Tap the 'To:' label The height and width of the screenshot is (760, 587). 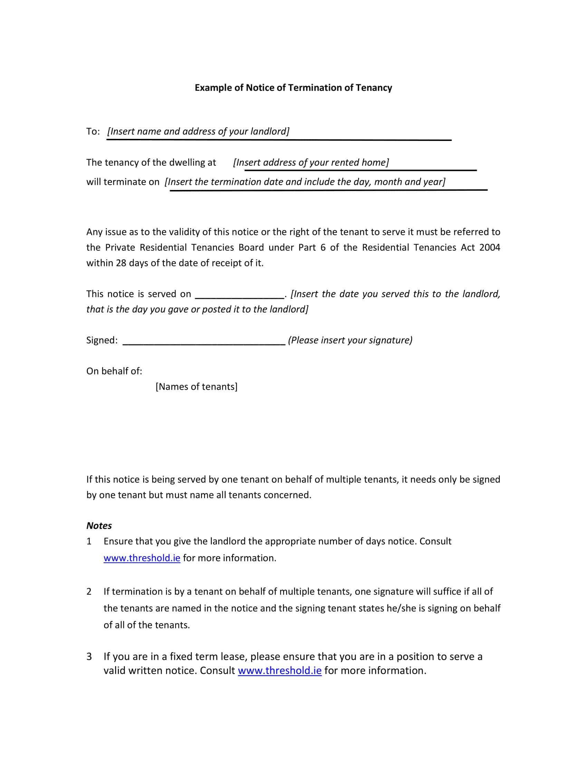pyautogui.click(x=93, y=131)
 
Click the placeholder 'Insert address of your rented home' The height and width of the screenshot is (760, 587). pyautogui.click(x=311, y=162)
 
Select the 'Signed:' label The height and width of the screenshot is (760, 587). pyautogui.click(x=102, y=340)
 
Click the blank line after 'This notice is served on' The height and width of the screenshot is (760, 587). pyautogui.click(x=239, y=296)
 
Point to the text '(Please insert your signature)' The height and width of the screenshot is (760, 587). pyautogui.click(x=350, y=340)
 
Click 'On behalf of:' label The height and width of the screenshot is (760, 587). pyautogui.click(x=114, y=371)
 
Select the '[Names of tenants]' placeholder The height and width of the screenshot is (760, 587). pyautogui.click(x=196, y=387)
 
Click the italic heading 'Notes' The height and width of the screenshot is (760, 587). pyautogui.click(x=99, y=525)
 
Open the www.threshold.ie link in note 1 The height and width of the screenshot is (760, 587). pyautogui.click(x=142, y=558)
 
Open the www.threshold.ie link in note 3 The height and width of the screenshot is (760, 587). pyautogui.click(x=280, y=670)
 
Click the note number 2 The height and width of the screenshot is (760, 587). pyautogui.click(x=89, y=591)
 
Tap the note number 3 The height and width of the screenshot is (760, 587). pyautogui.click(x=89, y=656)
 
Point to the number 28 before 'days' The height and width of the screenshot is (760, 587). pyautogui.click(x=121, y=263)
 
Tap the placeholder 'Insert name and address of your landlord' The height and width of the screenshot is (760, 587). pyautogui.click(x=198, y=131)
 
